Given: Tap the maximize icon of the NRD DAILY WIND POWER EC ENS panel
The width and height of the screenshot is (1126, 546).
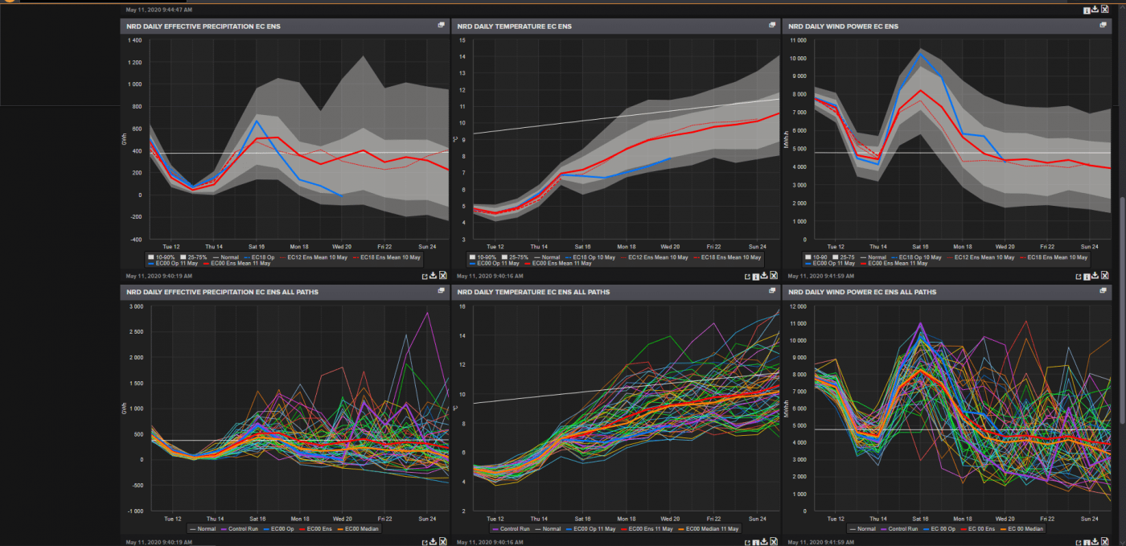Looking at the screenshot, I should point(1103,25).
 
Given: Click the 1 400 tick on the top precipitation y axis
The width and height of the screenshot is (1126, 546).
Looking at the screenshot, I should point(134,40).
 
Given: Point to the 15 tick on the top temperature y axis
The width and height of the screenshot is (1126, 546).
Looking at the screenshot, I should point(462,40).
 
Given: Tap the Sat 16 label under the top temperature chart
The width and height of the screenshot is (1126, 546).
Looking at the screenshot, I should point(581,246).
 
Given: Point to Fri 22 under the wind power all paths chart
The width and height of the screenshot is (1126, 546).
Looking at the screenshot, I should point(1047,519).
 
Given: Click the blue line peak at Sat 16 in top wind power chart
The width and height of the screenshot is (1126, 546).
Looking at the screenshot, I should point(920,54).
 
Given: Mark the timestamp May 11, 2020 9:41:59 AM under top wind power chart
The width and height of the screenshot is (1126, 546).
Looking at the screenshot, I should point(820,276).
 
